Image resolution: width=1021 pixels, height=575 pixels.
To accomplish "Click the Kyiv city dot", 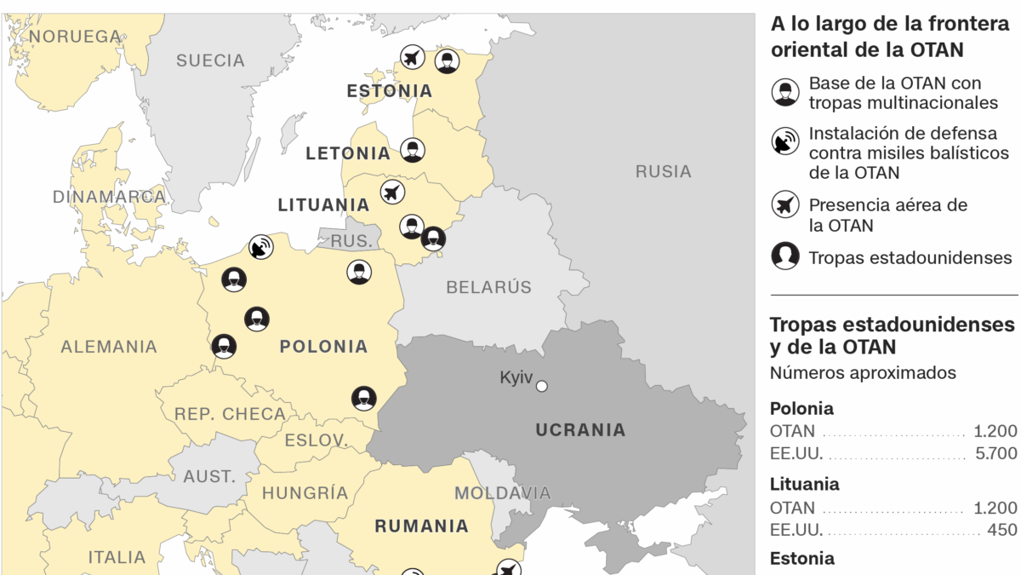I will pos(541,386).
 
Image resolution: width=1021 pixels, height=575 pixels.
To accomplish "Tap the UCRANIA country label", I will pos(580,430).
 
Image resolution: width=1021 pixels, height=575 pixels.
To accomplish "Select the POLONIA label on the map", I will pos(323,347).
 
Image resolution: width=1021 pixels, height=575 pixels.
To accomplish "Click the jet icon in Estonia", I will pos(413,59).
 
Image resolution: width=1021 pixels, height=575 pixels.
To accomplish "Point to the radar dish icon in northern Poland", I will pos(261,248).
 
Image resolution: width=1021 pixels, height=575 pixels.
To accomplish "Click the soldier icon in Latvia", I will pos(413,151).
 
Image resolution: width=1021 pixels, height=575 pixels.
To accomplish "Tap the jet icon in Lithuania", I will pos(392,192).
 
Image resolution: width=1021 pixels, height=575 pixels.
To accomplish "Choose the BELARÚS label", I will pos(488,287).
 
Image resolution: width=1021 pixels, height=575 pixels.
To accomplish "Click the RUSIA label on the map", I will pos(663,171).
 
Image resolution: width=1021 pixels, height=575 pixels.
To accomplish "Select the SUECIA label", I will pos(210,60).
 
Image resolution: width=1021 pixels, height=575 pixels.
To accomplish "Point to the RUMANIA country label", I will pos(421,526).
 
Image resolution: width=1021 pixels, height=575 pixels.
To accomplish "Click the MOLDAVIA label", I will pos(502,492).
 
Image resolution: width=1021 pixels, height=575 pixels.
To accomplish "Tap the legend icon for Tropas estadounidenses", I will pos(785,256).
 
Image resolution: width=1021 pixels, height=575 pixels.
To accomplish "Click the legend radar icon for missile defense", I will pos(785,141).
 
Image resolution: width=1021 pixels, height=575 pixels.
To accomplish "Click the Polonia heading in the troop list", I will pos(801,408).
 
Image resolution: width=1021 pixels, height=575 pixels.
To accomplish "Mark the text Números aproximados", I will pos(863,373).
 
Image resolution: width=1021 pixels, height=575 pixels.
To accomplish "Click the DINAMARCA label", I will pos(109,197).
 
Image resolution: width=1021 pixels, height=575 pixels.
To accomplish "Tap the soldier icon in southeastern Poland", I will pos(364,398).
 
